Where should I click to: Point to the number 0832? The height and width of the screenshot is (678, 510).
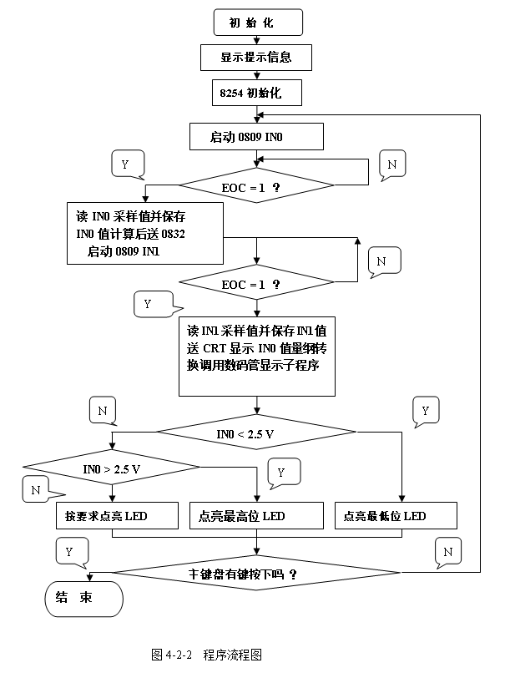172,234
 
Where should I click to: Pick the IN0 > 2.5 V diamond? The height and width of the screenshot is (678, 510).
111,468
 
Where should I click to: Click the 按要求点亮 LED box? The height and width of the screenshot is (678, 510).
117,516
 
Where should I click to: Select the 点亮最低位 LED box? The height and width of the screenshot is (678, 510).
396,516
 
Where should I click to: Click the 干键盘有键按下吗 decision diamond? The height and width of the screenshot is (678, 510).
244,574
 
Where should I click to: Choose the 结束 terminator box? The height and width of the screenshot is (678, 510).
82,598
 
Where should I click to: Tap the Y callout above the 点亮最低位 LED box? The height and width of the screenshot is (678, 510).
425,411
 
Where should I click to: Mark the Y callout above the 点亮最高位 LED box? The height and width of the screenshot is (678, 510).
282,473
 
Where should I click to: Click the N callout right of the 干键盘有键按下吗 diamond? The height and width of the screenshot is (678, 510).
449,552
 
